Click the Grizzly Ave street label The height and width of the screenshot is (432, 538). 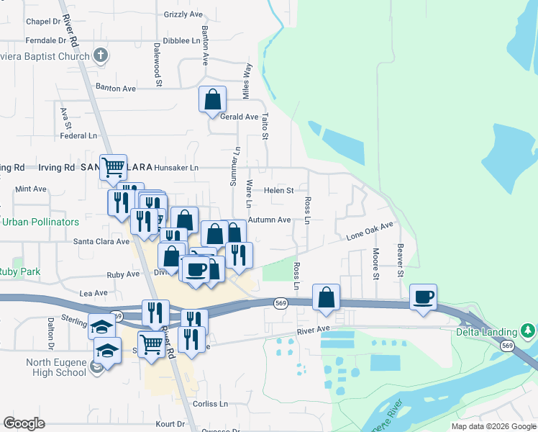click(183, 14)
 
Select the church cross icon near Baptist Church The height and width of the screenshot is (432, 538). click(101, 55)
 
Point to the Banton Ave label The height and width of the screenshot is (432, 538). click(116, 89)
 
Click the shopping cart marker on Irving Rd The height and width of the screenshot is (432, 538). click(113, 167)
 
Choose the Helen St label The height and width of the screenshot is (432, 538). click(278, 191)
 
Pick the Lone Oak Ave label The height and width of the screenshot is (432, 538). click(370, 231)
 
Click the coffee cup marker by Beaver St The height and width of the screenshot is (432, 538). click(424, 297)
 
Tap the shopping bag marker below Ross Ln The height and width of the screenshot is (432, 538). click(327, 297)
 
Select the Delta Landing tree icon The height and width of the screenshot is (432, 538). click(528, 330)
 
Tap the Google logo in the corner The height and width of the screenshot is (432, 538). click(24, 423)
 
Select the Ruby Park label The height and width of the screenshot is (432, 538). click(20, 272)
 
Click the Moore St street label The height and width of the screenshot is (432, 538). click(375, 264)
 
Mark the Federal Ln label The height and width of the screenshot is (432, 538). click(78, 135)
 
